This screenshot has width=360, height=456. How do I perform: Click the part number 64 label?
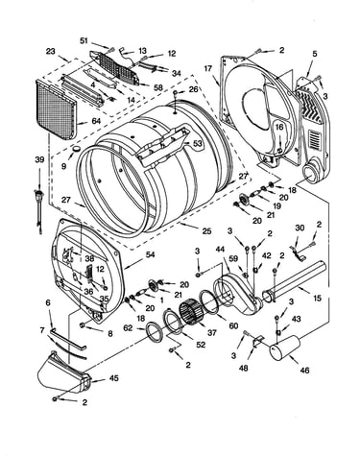tap(96, 121)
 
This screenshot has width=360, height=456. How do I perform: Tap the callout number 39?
tap(39, 160)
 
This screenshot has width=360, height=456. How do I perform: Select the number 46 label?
tap(304, 371)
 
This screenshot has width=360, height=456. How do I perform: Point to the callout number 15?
tap(317, 299)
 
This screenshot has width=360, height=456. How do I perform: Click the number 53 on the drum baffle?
tap(198, 144)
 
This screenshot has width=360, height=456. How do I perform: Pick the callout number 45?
tap(113, 378)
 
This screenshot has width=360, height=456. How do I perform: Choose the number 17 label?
tap(207, 68)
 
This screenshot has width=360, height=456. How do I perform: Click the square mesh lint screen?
tap(55, 109)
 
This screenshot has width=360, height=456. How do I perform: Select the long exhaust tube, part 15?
tap(295, 281)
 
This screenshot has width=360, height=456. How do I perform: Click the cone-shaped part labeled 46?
tap(284, 348)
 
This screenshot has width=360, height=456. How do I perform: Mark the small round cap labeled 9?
tap(76, 149)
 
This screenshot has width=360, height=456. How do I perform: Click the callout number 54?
tap(150, 254)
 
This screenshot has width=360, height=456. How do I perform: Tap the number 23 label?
tap(51, 51)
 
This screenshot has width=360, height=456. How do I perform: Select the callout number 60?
tap(233, 325)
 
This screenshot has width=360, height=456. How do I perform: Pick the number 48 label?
tap(243, 369)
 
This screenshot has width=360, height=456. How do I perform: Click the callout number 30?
tap(300, 228)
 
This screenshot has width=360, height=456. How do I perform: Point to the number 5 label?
tap(315, 54)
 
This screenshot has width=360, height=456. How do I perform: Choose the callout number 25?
tap(207, 230)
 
